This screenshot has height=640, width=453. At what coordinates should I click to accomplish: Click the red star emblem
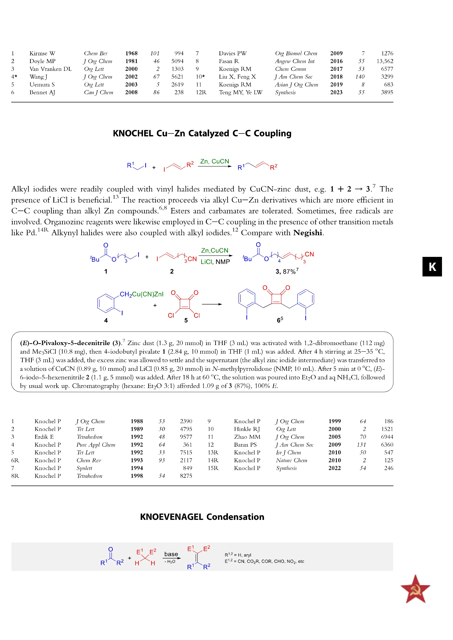click(415, 589)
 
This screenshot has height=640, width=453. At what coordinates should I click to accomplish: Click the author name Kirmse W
click(42, 53)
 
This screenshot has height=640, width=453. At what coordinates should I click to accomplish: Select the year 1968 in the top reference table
click(131, 53)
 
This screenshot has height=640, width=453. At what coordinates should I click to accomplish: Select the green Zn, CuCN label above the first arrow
click(214, 161)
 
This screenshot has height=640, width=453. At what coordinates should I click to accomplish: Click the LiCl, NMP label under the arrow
click(215, 262)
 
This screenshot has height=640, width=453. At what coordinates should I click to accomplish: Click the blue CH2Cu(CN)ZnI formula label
click(141, 294)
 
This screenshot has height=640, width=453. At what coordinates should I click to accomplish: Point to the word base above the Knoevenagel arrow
click(171, 554)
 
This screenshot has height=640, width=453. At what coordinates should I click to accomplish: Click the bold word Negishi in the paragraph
click(308, 232)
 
